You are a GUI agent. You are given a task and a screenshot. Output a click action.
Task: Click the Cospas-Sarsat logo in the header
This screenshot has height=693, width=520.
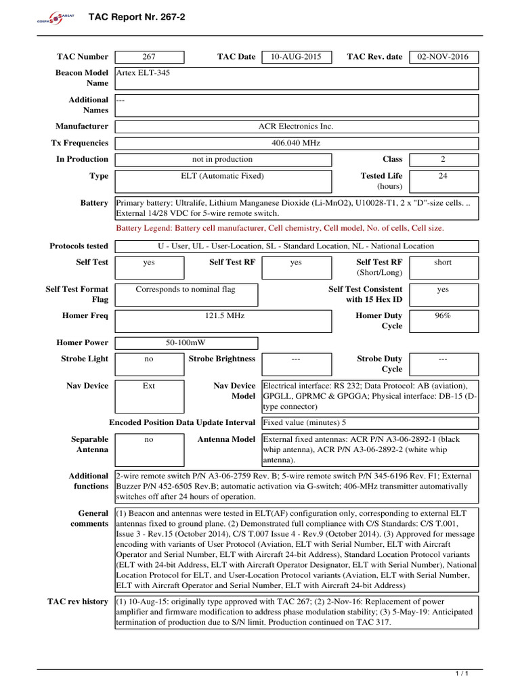click(x=50, y=18)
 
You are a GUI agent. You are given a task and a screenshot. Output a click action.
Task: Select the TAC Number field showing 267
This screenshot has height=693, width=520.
click(x=150, y=57)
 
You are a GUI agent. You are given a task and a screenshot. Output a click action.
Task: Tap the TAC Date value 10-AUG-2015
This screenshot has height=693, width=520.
click(x=296, y=57)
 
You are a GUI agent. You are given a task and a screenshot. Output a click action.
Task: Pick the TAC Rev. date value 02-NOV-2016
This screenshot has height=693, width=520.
click(x=443, y=57)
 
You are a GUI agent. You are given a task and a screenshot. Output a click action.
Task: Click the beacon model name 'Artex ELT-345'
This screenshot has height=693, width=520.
click(x=144, y=73)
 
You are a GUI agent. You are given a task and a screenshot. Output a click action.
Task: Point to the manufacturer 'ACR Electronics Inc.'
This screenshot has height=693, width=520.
click(x=296, y=127)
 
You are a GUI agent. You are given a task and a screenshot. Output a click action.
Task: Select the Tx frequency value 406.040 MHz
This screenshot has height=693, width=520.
click(x=296, y=143)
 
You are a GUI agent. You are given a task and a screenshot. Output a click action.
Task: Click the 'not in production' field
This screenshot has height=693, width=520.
click(x=223, y=160)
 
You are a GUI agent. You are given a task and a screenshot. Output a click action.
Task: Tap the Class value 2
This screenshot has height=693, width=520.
click(x=443, y=160)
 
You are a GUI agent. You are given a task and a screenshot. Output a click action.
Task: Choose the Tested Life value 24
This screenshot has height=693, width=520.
click(x=443, y=176)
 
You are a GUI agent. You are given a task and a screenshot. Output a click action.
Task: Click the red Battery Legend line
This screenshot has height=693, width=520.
click(x=280, y=229)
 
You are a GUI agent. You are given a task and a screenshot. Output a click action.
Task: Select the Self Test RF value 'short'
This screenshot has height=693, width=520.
click(x=443, y=263)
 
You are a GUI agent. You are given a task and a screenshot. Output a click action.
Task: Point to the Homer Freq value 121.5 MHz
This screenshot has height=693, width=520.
click(x=223, y=316)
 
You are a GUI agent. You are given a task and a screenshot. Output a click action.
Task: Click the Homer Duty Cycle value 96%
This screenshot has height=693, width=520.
click(x=443, y=316)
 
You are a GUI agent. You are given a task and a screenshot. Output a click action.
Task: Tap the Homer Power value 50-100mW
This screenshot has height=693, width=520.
click(x=186, y=343)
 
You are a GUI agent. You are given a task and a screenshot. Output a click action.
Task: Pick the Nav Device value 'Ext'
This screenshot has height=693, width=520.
click(x=150, y=386)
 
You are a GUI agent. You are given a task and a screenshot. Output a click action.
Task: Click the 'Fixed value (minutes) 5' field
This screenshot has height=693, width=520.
click(x=305, y=423)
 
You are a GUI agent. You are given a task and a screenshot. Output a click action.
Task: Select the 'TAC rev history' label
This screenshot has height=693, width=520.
click(x=78, y=602)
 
